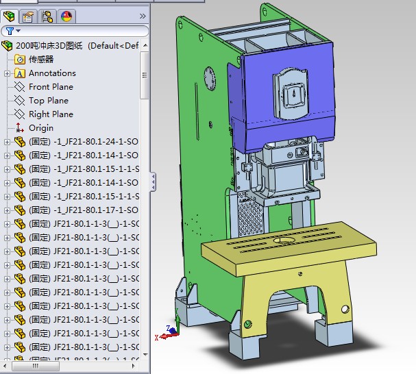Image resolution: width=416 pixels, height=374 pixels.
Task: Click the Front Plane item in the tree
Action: click(x=51, y=87)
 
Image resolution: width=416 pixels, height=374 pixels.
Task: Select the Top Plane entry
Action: click(x=48, y=101)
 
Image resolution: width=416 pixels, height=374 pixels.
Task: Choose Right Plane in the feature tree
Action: click(x=51, y=114)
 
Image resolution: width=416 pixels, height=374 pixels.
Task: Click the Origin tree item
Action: click(x=40, y=128)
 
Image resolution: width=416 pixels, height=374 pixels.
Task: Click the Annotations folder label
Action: click(x=52, y=73)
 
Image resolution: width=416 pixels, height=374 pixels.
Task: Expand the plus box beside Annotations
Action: click(x=7, y=73)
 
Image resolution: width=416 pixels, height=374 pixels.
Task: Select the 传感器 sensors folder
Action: click(x=40, y=60)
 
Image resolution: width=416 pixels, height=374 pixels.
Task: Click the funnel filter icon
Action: click(x=8, y=31)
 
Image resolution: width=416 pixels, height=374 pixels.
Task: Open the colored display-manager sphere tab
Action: click(x=66, y=16)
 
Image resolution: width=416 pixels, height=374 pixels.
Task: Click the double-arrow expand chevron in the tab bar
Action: click(x=143, y=16)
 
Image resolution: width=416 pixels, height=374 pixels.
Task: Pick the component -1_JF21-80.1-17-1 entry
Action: click(x=83, y=210)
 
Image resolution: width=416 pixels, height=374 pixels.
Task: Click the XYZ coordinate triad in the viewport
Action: click(x=168, y=332)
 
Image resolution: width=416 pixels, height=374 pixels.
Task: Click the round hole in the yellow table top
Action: click(x=281, y=240)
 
